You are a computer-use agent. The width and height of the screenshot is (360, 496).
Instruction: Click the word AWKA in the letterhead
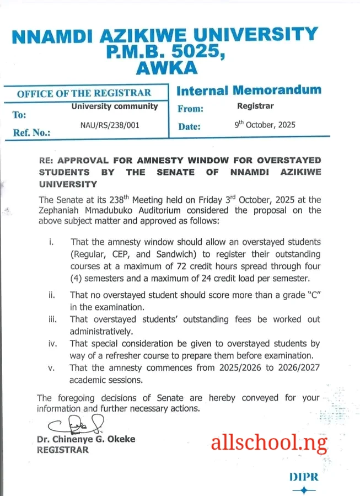[164, 67]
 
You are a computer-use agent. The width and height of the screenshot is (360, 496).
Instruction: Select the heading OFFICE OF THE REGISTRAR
[84, 93]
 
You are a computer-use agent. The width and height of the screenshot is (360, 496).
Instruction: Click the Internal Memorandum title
[249, 90]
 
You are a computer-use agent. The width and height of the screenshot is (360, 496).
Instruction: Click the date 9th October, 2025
[265, 125]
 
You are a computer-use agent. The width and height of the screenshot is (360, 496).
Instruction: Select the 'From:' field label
[191, 109]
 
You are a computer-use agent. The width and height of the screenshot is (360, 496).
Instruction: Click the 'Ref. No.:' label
[31, 133]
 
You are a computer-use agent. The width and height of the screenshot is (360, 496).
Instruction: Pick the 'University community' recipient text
[115, 106]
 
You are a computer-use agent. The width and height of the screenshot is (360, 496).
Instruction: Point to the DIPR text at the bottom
[304, 477]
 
